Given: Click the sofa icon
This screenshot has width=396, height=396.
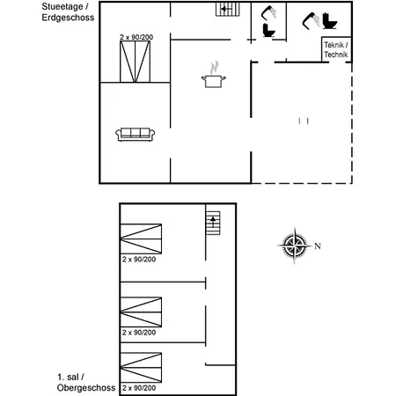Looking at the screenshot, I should point(136,134).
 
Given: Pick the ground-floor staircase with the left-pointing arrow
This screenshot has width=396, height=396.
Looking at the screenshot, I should point(228,10).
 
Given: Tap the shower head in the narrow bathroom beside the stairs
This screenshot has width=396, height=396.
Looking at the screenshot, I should point(269,13).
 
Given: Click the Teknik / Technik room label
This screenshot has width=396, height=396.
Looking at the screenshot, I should point(336,49).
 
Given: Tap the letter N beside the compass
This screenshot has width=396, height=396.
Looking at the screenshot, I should point(319,246).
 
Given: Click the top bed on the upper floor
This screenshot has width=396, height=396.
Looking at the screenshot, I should point(141,238).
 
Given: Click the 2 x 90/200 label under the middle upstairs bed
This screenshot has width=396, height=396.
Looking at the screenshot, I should point(139,333).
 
